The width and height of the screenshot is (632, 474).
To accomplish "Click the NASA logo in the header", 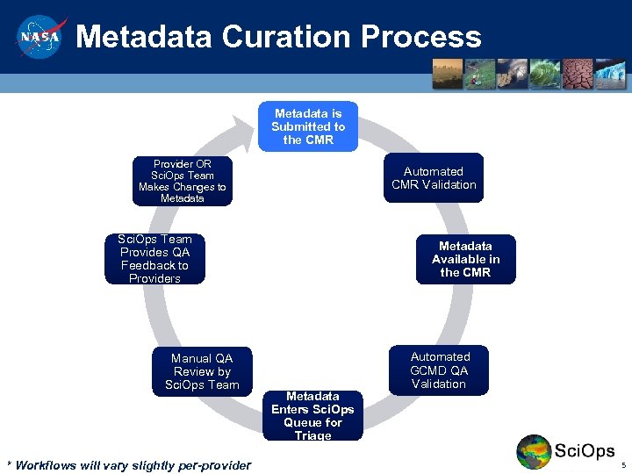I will (39, 37).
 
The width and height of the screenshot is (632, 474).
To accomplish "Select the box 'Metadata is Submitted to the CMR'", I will (308, 126).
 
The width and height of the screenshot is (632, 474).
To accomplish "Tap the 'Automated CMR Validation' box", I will (433, 178).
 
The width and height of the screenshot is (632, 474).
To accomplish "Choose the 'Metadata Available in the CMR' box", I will (465, 259).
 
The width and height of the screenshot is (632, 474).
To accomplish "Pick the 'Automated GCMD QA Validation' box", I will (439, 370).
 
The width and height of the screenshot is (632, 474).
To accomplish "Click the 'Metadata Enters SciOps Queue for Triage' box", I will (312, 416).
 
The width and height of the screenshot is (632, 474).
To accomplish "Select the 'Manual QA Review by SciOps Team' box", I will (202, 371).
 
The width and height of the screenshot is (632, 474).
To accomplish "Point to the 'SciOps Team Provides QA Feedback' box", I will (154, 259).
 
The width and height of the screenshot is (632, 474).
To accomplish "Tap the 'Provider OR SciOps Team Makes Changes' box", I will (183, 182).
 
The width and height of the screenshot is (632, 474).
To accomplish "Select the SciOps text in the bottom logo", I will (585, 451).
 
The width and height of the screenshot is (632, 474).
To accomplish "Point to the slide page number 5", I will (622, 465).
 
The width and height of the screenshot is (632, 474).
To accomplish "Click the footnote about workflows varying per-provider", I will (128, 465).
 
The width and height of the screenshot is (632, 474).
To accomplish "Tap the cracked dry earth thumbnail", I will (578, 74).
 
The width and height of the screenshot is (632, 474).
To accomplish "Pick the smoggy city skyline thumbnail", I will (448, 74).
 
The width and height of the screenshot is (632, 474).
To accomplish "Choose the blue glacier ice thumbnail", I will (610, 74).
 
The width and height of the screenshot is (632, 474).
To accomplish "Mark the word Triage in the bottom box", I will (312, 435).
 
